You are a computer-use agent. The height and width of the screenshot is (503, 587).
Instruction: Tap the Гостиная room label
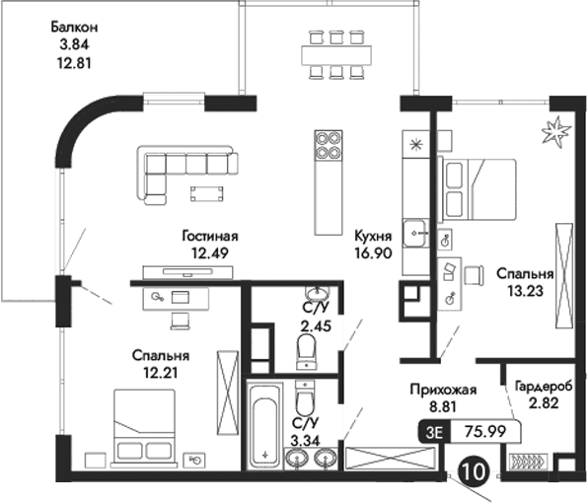[x=210, y=237]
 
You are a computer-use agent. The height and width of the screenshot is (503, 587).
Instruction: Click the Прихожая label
[x=443, y=390]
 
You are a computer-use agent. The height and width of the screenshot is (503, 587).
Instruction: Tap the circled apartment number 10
[x=473, y=472]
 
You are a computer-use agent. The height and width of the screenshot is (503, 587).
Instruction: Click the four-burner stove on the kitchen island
[x=328, y=146]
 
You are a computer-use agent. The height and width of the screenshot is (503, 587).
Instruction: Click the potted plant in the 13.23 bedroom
[x=554, y=130]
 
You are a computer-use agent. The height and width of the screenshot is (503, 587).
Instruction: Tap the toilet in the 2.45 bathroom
[x=306, y=346]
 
